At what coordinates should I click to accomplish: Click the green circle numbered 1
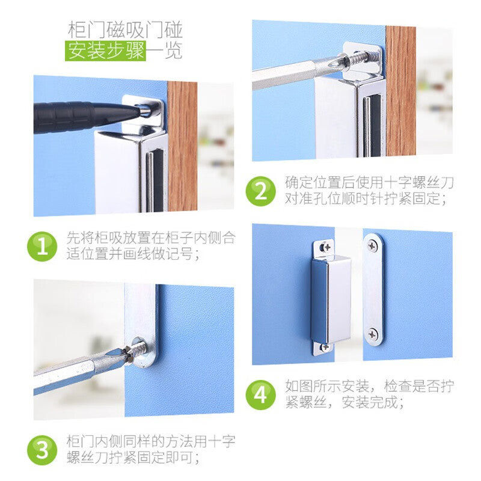[42, 247]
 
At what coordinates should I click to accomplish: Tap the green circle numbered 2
[260, 191]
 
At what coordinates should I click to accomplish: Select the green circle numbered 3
[42, 450]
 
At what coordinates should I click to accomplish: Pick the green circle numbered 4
[260, 395]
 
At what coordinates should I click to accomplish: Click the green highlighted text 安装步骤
[105, 51]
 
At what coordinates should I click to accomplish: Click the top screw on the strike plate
[373, 245]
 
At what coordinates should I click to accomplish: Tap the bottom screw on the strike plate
[373, 334]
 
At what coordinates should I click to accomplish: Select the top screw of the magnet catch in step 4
[326, 247]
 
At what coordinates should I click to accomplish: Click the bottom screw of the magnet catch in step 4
[325, 348]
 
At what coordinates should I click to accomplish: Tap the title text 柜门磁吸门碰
[125, 29]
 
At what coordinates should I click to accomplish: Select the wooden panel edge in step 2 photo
[400, 91]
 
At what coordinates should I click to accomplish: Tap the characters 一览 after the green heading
[164, 51]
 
